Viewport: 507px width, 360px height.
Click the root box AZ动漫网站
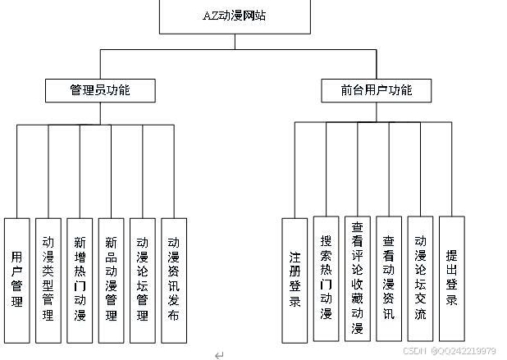[234, 15]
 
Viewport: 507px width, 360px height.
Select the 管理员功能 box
[99, 89]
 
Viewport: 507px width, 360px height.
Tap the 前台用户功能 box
[377, 89]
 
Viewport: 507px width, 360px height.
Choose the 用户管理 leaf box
[16, 279]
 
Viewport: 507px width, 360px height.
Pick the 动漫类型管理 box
[48, 279]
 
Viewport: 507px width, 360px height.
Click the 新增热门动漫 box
[80, 279]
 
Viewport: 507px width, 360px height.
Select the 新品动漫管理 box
[111, 279]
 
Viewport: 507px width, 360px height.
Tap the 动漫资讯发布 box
[173, 279]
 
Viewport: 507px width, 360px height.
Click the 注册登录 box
[295, 279]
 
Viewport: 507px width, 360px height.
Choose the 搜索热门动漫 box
[326, 279]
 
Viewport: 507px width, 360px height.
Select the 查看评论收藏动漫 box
[357, 279]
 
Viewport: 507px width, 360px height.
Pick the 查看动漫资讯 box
[389, 279]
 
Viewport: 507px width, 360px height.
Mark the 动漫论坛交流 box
[420, 279]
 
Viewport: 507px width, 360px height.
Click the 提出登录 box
[451, 279]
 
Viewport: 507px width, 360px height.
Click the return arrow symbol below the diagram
[218, 354]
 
